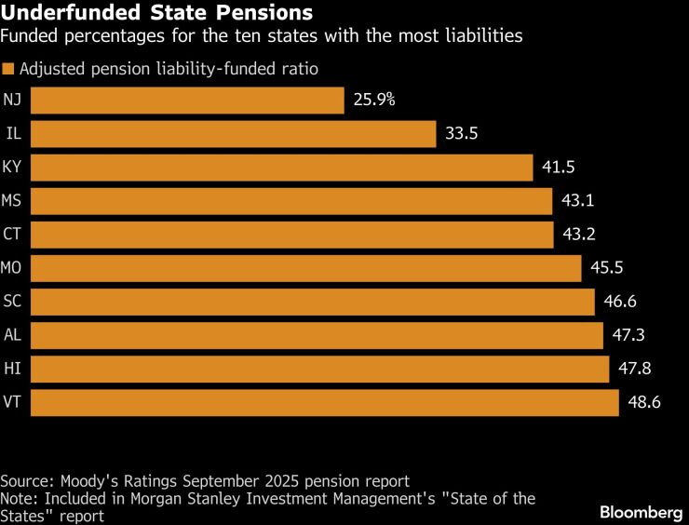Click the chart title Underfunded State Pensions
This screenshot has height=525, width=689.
(x=156, y=13)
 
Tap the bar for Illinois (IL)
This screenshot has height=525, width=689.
(x=234, y=134)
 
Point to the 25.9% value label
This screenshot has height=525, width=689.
(x=374, y=100)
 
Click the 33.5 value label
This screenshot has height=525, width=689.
(x=462, y=134)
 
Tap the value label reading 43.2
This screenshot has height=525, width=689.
(x=580, y=235)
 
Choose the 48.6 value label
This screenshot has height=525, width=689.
(x=644, y=402)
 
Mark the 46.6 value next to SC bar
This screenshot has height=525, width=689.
(x=620, y=302)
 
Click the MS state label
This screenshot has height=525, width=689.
(x=13, y=201)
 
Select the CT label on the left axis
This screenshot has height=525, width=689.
(x=13, y=235)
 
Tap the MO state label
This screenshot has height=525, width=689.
(x=13, y=268)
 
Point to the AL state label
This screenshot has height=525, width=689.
(x=13, y=335)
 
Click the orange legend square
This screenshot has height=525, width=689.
(x=8, y=70)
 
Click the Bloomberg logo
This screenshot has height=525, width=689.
(x=641, y=513)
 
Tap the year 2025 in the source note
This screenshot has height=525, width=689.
(x=271, y=481)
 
